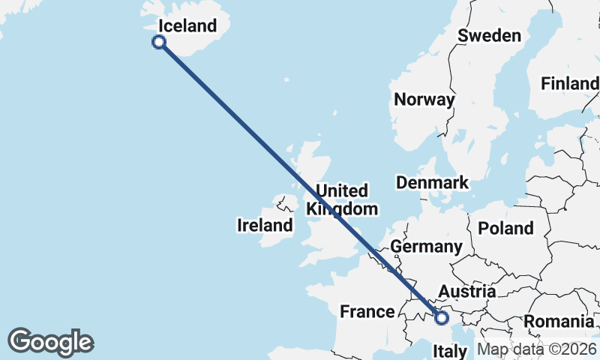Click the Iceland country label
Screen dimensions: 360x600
click(x=187, y=26)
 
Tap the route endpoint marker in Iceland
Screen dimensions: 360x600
click(x=159, y=42)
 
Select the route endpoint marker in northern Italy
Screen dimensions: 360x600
click(x=441, y=319)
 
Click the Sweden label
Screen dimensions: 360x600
click(x=489, y=36)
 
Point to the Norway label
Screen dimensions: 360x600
click(x=424, y=100)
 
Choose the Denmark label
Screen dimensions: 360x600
click(x=432, y=182)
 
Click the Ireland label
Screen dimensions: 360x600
click(x=265, y=225)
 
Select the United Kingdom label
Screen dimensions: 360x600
click(x=341, y=199)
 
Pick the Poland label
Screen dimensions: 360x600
click(x=505, y=229)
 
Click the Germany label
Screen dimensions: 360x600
click(x=426, y=247)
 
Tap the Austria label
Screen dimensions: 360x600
click(x=466, y=291)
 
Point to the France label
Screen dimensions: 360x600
click(x=367, y=311)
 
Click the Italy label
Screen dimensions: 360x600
click(x=450, y=350)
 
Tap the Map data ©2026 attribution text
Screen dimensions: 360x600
click(x=536, y=349)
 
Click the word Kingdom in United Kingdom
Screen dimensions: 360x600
click(x=342, y=209)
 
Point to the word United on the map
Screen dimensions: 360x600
click(x=342, y=190)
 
